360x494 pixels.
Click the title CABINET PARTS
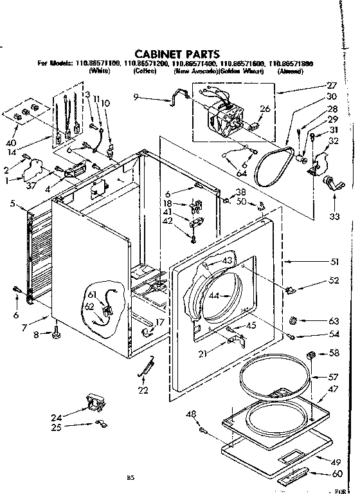point(176,54)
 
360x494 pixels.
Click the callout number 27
point(332,85)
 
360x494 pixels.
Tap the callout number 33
point(334,217)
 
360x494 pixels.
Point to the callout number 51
point(334,261)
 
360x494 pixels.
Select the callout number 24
point(57,417)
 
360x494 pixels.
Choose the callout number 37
point(31,187)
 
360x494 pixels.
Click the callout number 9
point(136,97)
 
